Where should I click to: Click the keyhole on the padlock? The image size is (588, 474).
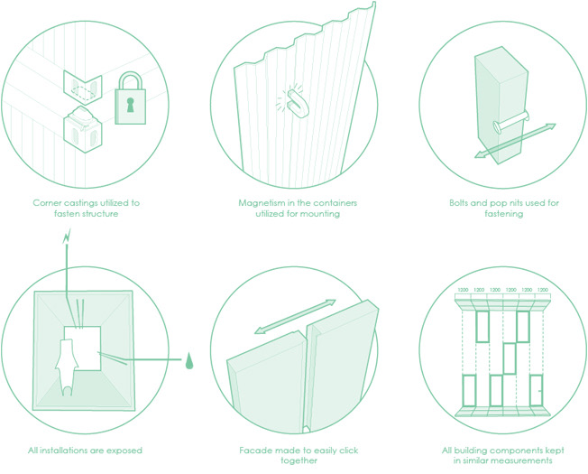click(x=130, y=105)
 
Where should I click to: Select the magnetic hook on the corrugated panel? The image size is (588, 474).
click(x=298, y=103)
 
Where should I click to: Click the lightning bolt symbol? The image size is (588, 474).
click(x=67, y=237)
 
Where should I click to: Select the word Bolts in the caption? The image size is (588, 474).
click(x=458, y=203)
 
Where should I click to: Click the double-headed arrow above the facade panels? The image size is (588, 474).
click(x=295, y=316)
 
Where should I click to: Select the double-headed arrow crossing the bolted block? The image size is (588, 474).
click(x=515, y=141)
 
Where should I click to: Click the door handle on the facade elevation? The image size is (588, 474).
click(x=540, y=391)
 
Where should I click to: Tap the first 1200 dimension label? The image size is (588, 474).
click(x=464, y=290)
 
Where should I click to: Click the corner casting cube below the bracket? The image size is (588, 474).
click(x=83, y=130)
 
